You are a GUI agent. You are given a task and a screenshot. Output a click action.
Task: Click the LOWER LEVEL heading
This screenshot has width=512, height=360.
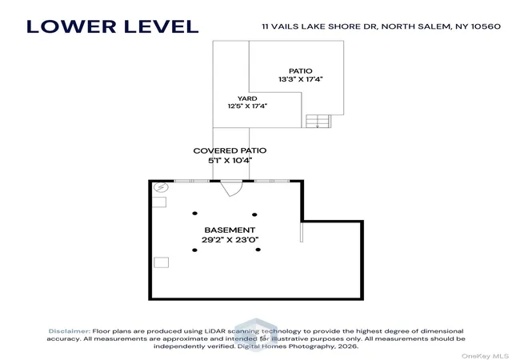click(x=112, y=26)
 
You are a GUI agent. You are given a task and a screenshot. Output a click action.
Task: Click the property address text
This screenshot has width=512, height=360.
click(x=382, y=26)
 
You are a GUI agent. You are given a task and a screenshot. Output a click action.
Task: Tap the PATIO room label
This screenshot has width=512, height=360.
click(x=301, y=71)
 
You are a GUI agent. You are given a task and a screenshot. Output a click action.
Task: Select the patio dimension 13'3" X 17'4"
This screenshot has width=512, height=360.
click(x=301, y=79)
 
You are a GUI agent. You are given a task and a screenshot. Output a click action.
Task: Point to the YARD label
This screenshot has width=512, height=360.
click(x=247, y=98)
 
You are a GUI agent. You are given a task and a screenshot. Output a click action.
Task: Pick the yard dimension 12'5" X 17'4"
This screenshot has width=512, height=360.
click(x=247, y=106)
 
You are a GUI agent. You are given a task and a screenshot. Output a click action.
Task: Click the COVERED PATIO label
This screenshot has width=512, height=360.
click(x=230, y=150)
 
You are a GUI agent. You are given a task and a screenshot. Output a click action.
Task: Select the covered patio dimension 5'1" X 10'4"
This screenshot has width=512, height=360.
click(x=230, y=160)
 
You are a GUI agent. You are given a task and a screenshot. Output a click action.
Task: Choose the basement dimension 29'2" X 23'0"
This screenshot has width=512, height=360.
click(x=230, y=240)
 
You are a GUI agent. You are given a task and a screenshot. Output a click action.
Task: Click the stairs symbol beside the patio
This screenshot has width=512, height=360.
click(x=318, y=121)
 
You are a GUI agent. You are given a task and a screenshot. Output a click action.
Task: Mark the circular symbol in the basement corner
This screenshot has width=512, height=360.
click(x=161, y=187)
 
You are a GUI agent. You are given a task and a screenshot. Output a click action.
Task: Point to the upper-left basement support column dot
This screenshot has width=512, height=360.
click(x=195, y=214)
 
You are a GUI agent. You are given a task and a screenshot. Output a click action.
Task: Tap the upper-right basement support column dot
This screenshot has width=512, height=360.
click(x=254, y=214)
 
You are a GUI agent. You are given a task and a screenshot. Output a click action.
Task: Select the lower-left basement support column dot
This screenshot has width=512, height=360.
click(x=194, y=250)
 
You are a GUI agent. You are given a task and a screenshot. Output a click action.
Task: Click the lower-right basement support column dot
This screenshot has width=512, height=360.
click(x=258, y=250)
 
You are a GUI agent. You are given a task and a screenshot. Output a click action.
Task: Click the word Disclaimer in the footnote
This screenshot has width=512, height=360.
click(x=70, y=331)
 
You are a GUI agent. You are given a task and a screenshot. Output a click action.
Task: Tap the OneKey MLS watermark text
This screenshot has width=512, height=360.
click(x=485, y=356)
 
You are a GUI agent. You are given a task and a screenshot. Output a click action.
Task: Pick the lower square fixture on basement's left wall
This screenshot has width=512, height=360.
click(x=162, y=262)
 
